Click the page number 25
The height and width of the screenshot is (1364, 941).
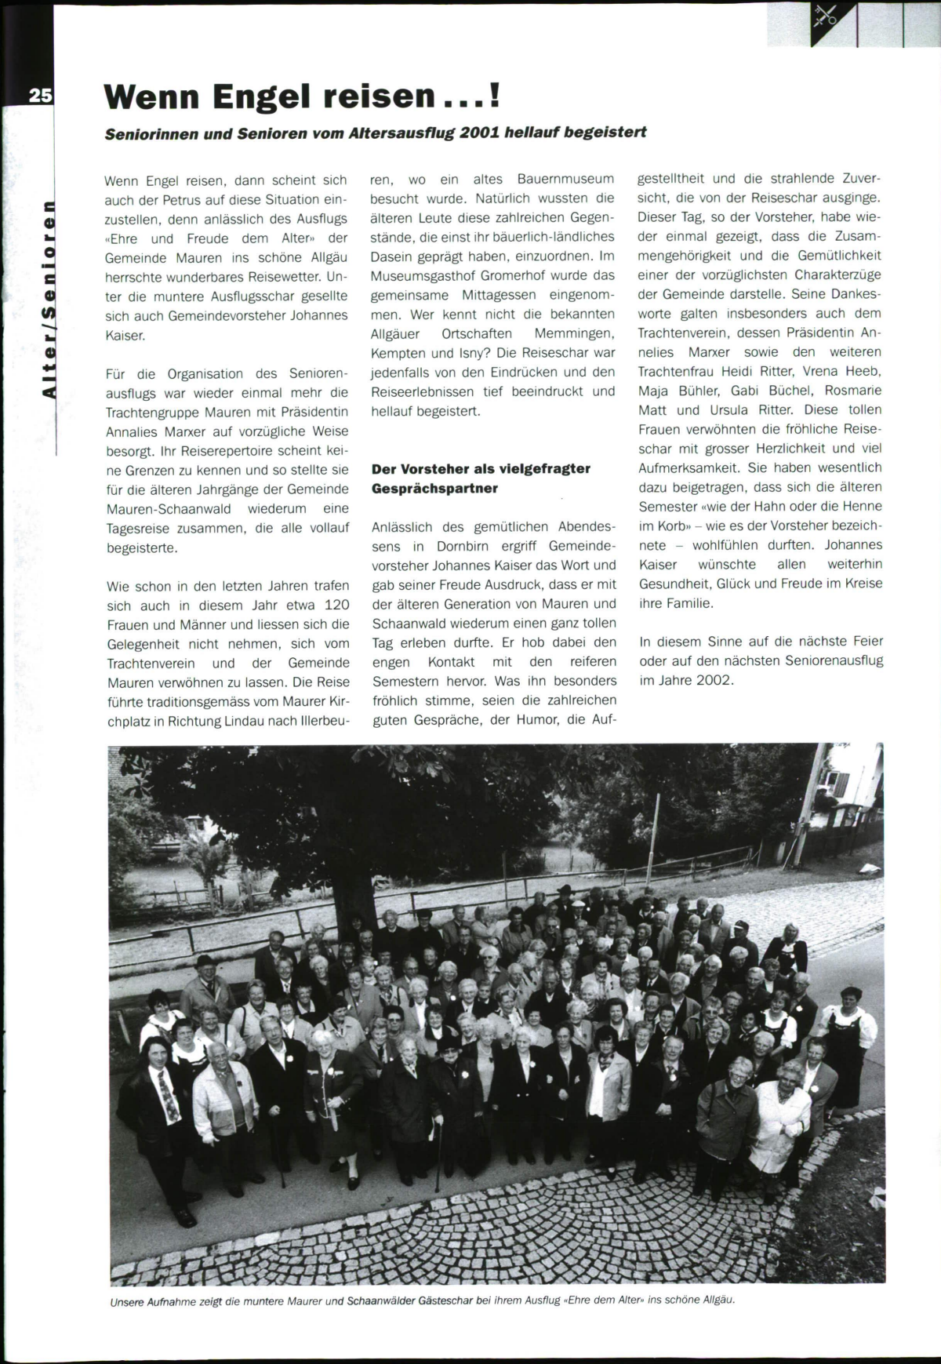(x=40, y=96)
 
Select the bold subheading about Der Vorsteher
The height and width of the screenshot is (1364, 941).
(x=481, y=478)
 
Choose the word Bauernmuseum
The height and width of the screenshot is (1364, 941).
(x=566, y=180)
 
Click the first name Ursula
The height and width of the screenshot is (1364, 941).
(x=731, y=410)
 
